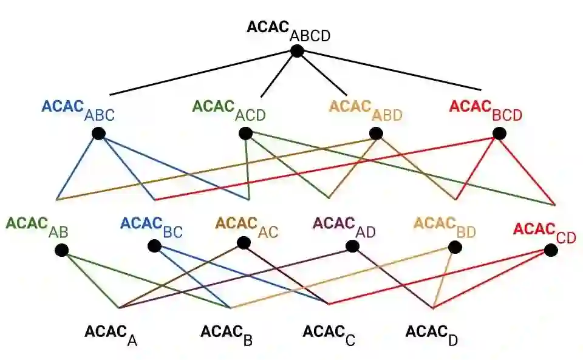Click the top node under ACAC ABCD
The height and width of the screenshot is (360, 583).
[296, 52]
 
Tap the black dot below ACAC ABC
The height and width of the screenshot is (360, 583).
[99, 134]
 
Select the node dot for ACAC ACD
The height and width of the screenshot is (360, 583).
[245, 133]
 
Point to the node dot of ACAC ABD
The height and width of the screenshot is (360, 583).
[376, 133]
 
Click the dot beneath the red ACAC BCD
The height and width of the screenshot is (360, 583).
[499, 133]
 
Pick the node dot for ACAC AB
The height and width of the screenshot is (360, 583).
[61, 250]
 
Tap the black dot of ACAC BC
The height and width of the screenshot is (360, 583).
[154, 246]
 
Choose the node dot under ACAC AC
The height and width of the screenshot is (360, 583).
[244, 243]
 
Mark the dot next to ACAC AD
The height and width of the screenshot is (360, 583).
[352, 246]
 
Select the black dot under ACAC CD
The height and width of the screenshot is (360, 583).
[550, 250]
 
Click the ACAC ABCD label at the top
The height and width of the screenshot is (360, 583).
[288, 31]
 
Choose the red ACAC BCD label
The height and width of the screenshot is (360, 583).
[485, 110]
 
